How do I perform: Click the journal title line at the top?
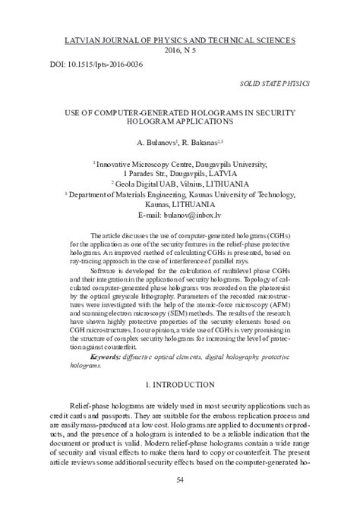[x=181, y=39]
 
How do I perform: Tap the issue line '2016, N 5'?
[x=180, y=49]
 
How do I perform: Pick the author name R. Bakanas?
[x=200, y=143]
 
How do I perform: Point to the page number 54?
[x=180, y=480]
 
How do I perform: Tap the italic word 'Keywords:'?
[x=108, y=356]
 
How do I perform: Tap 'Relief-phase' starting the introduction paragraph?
[x=92, y=407]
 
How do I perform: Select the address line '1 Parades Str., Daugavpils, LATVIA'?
[x=180, y=173]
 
